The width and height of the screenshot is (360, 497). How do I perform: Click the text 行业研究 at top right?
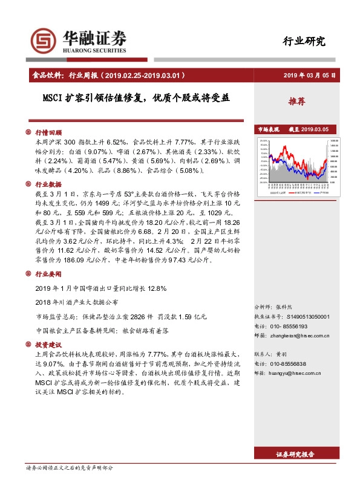(304, 41)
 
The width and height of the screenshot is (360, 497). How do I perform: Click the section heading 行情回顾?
(48, 132)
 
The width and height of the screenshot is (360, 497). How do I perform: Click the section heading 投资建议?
(48, 345)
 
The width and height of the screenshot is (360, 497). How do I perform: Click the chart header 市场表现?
(268, 129)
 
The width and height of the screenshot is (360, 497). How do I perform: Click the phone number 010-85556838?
(289, 363)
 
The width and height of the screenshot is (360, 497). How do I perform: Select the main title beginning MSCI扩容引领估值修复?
(136, 97)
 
